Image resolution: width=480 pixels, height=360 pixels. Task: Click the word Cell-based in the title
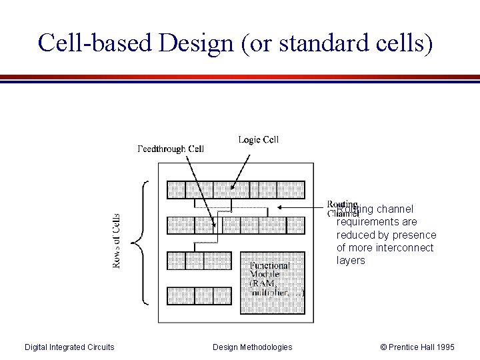86,42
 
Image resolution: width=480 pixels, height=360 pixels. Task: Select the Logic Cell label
258,139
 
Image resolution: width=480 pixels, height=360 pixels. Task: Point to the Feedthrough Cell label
171,149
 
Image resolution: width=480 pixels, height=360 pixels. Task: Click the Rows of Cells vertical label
117,241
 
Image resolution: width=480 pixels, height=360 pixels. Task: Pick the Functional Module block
272,283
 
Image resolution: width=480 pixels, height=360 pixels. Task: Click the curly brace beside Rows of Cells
138,241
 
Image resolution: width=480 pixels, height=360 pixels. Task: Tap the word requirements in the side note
369,222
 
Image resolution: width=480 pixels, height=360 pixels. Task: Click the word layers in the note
351,261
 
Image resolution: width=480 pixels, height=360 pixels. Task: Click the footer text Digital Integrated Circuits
69,347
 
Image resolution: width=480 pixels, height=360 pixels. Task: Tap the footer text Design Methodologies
252,347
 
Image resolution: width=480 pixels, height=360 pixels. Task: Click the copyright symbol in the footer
383,347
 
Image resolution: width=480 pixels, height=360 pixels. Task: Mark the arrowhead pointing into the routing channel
280,207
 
